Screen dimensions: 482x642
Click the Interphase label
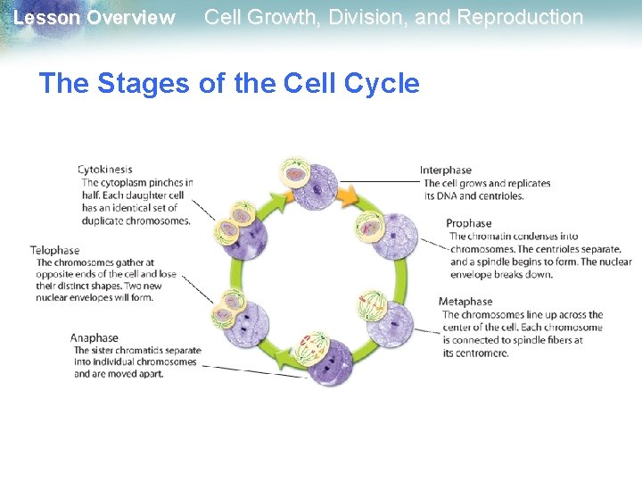coord(445,170)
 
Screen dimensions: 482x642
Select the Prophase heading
coord(468,223)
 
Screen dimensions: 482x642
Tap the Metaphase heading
coord(465,302)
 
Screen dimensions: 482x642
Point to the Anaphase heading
coord(95,338)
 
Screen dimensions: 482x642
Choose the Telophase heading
coord(54,251)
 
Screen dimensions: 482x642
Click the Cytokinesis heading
coord(104,170)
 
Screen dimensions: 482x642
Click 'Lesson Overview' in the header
coord(95,18)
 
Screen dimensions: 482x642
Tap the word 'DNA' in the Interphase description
coord(447,195)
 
